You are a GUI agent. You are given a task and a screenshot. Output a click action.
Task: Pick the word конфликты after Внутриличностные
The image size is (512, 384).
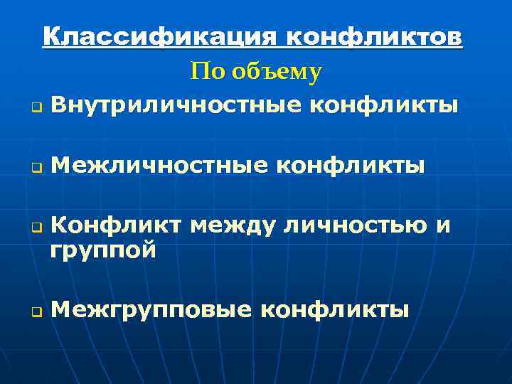click(x=384, y=106)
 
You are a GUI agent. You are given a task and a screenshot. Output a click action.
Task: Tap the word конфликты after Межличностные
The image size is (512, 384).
click(x=350, y=166)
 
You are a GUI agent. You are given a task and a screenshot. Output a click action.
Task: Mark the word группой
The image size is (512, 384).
click(x=103, y=251)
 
